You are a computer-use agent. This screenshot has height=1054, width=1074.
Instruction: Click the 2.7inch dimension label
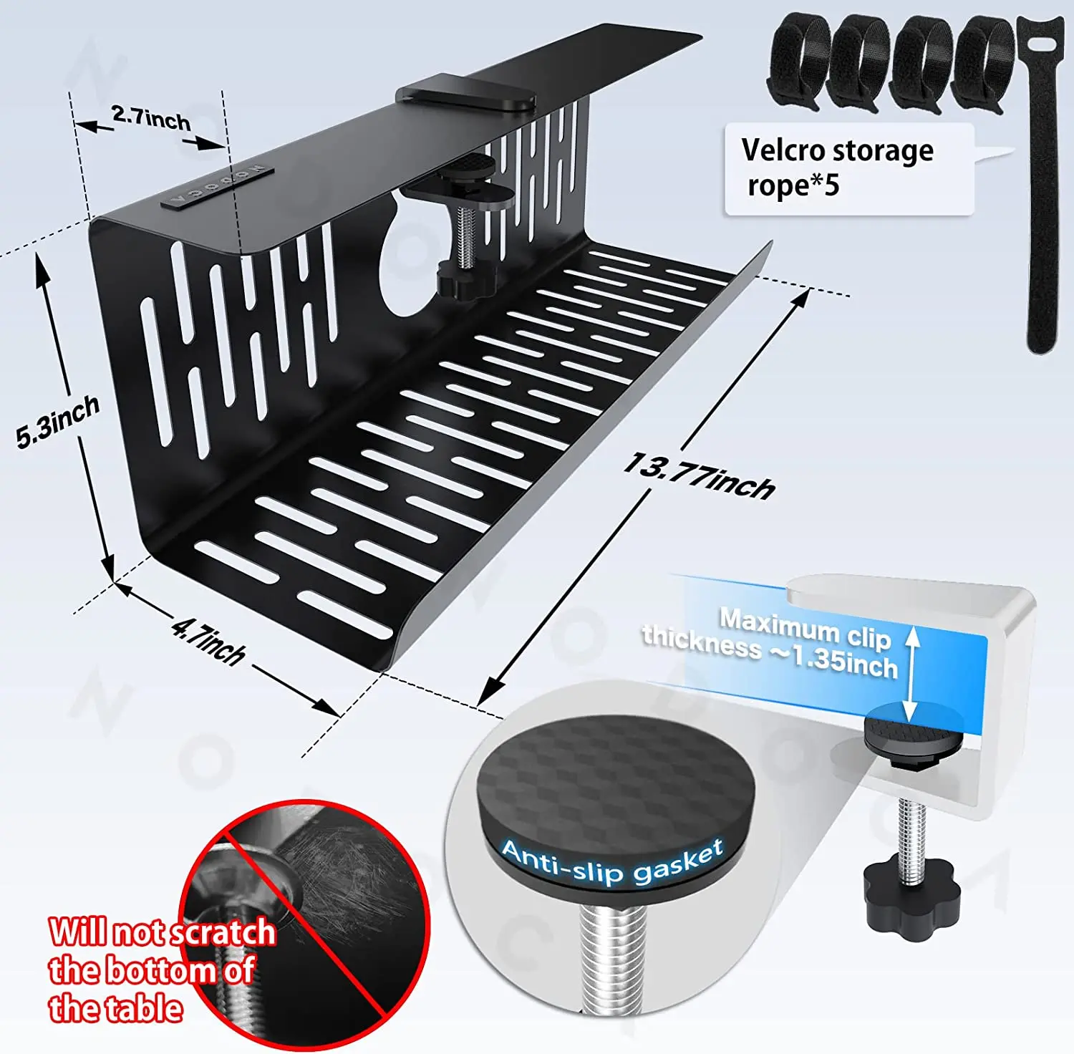tap(151, 118)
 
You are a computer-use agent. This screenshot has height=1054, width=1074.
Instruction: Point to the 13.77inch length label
tap(699, 476)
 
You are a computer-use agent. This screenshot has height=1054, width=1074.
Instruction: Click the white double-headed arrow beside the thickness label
tap(911, 673)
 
